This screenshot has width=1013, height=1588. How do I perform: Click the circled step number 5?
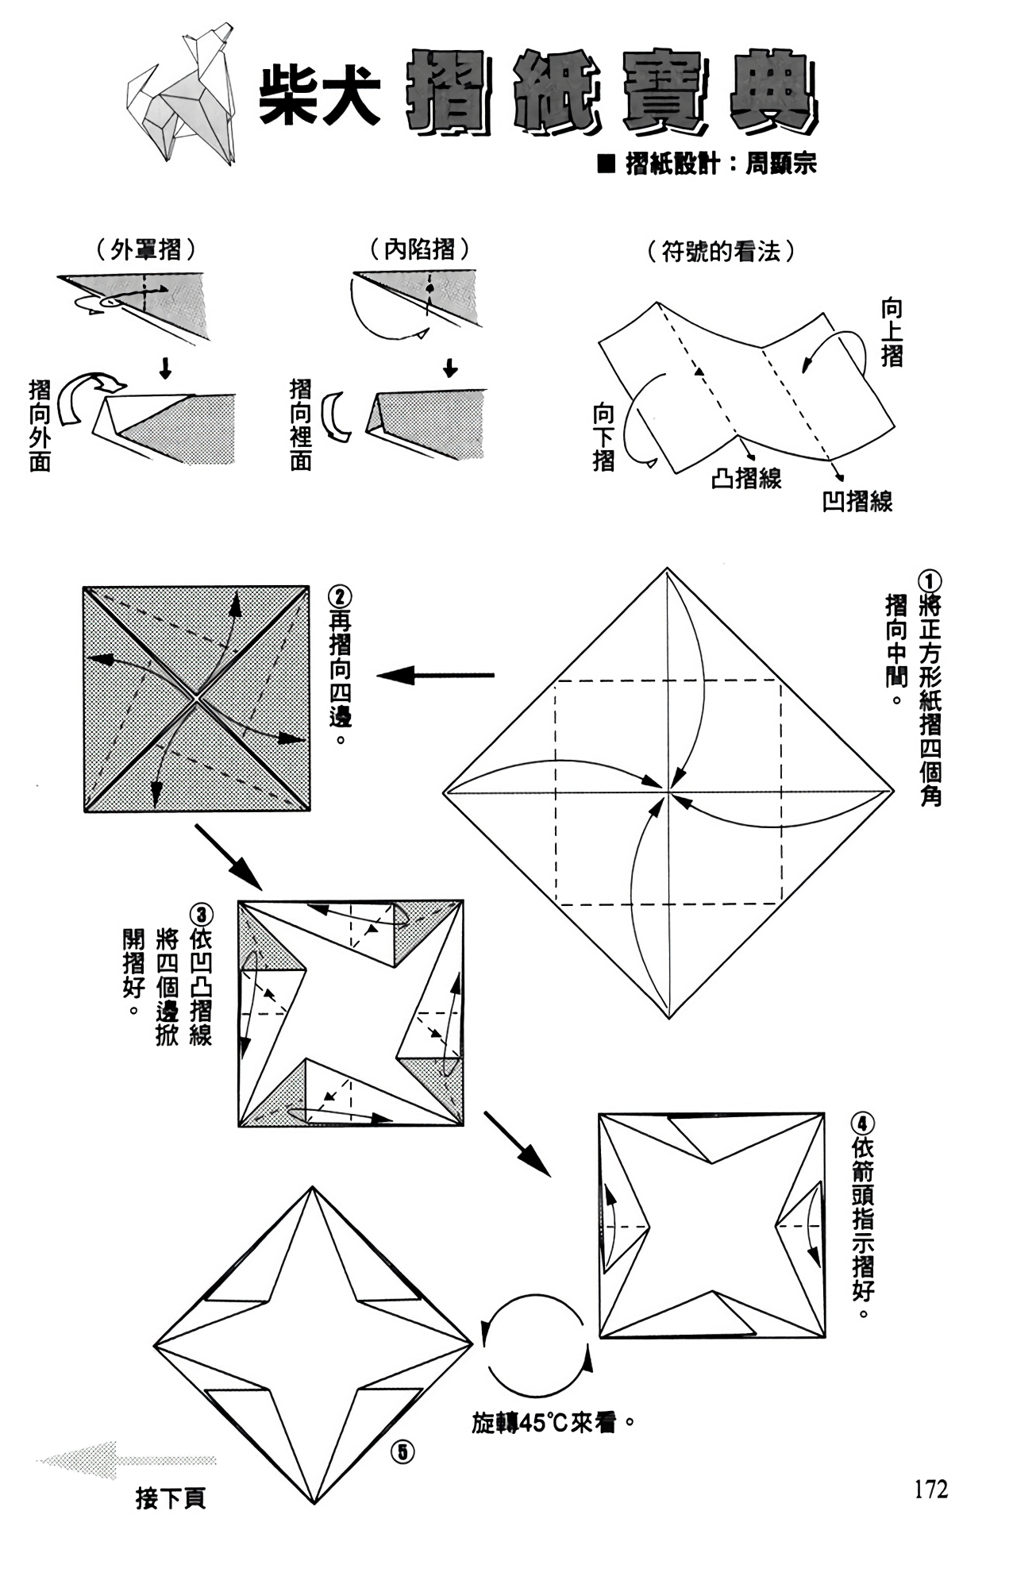coord(403,1451)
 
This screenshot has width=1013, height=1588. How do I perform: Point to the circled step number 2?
coord(340,597)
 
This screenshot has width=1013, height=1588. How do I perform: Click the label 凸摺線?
coord(746,478)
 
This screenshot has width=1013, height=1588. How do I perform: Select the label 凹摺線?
coord(857,501)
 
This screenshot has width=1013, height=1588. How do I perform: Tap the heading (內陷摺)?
coord(420,250)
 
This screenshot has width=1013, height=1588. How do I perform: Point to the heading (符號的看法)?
coord(722,252)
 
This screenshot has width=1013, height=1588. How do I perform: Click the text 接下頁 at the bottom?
coord(171,1498)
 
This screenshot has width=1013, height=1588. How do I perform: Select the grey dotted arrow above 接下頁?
coord(126,1459)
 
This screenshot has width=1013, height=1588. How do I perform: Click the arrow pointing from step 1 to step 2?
coord(436,676)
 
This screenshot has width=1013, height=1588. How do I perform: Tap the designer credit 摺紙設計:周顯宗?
coord(707,164)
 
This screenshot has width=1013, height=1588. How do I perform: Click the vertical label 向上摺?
coord(892,333)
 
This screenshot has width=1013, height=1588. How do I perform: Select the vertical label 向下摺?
coord(604,437)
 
